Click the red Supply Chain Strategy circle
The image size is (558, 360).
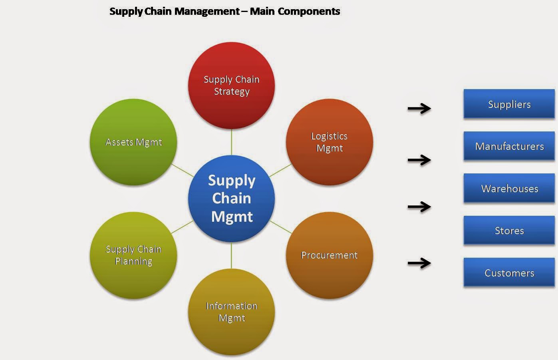pos(231,86)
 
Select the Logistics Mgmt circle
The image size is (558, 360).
pos(330,142)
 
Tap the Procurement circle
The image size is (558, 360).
pos(330,255)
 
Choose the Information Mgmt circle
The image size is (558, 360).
pos(231,312)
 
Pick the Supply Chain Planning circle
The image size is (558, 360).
pos(133,255)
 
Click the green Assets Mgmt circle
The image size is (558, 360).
pos(133,142)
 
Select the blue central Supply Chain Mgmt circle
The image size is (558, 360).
pos(231,198)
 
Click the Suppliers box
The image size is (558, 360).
pos(509,104)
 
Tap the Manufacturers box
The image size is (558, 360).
pos(509,146)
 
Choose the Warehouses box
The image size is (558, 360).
pos(509,189)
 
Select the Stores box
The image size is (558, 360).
pos(509,231)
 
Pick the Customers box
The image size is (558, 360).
pos(509,273)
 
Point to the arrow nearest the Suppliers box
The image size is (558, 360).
pos(419,108)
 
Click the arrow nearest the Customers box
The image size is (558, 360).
pos(419,263)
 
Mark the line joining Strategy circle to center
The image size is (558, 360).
pos(231,142)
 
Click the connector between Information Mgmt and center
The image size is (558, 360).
pos(231,255)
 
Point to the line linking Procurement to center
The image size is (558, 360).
pos(281,227)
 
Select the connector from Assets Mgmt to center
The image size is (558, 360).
pos(182,170)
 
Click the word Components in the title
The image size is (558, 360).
pos(309,11)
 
